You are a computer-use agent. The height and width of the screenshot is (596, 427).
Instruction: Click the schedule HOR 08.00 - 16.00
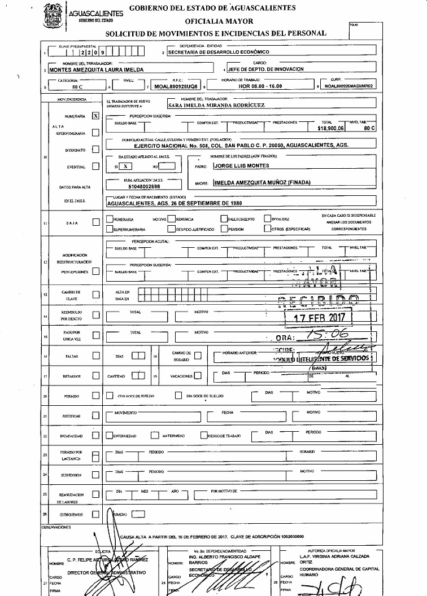pyautogui.click(x=259, y=87)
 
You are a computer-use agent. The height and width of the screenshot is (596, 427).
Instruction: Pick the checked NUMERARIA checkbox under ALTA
pyautogui.click(x=95, y=115)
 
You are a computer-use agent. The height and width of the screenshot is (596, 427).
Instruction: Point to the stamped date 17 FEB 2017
pyautogui.click(x=320, y=317)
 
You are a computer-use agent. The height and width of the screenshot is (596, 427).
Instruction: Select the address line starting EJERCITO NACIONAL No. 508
pyautogui.click(x=232, y=145)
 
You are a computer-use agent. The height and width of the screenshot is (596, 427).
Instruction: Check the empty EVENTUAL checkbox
pyautogui.click(x=95, y=166)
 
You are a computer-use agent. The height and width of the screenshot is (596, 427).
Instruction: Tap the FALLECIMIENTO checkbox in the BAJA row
pyautogui.click(x=224, y=219)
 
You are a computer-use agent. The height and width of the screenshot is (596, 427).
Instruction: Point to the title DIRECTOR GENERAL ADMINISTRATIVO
pyautogui.click(x=107, y=572)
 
